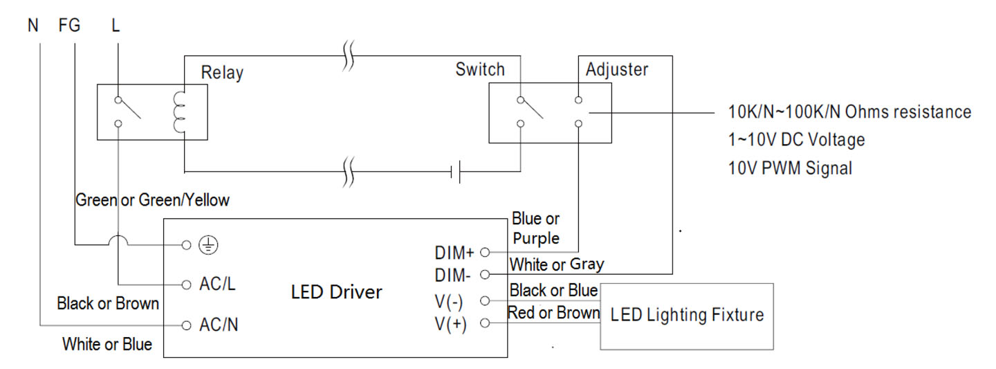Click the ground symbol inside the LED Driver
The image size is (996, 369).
[208, 245]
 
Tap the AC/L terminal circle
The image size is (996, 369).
[187, 285]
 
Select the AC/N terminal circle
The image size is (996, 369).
[187, 325]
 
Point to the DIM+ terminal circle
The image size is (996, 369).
[485, 253]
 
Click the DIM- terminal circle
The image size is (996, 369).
[485, 274]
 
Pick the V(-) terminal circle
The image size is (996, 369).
[485, 301]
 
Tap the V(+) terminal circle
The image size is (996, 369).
[485, 323]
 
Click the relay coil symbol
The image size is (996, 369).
[178, 112]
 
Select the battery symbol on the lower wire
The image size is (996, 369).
[455, 172]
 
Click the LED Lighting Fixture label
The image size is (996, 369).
[687, 315]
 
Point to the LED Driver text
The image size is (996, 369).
[337, 292]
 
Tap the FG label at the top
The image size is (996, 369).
[69, 26]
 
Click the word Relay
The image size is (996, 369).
[222, 73]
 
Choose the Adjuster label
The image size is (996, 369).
[617, 70]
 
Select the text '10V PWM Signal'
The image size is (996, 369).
[790, 168]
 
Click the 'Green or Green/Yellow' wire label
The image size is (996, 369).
[152, 200]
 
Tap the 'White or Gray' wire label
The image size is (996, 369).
[557, 265]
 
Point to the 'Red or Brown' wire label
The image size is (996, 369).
[553, 313]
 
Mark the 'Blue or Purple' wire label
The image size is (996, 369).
[536, 228]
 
